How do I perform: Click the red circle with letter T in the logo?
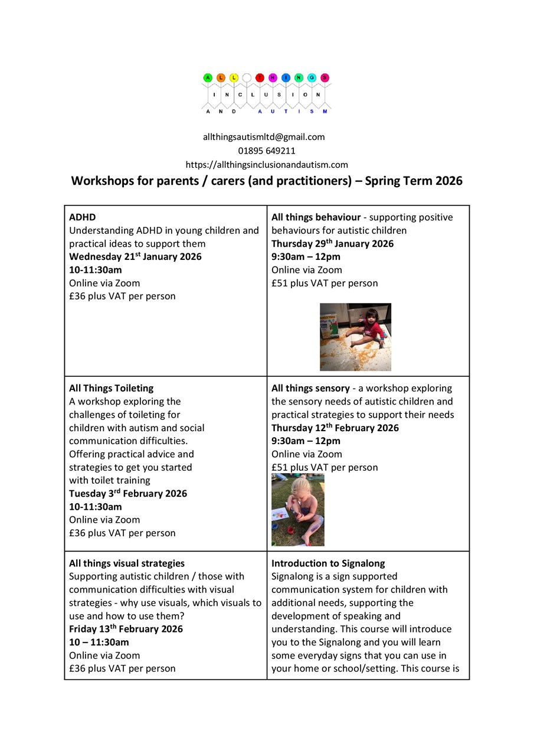(x=260, y=77)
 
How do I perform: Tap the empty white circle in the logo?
(x=247, y=77)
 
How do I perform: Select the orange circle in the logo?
(x=221, y=77)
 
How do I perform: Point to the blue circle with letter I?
(x=286, y=77)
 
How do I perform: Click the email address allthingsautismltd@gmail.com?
(x=264, y=137)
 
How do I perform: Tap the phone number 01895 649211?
(x=267, y=151)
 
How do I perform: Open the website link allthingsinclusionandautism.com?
(x=267, y=165)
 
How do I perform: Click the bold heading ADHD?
(x=82, y=217)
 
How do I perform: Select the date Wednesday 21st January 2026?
(x=135, y=257)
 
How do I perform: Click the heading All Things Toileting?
(x=111, y=388)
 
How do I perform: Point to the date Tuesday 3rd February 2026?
(x=127, y=494)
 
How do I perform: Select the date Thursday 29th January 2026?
(x=332, y=244)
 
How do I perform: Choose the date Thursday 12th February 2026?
(x=335, y=428)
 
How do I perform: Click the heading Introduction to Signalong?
(x=328, y=563)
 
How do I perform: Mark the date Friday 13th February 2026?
(x=126, y=629)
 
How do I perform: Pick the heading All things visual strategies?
(x=126, y=563)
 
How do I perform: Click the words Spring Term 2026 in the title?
(x=414, y=181)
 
